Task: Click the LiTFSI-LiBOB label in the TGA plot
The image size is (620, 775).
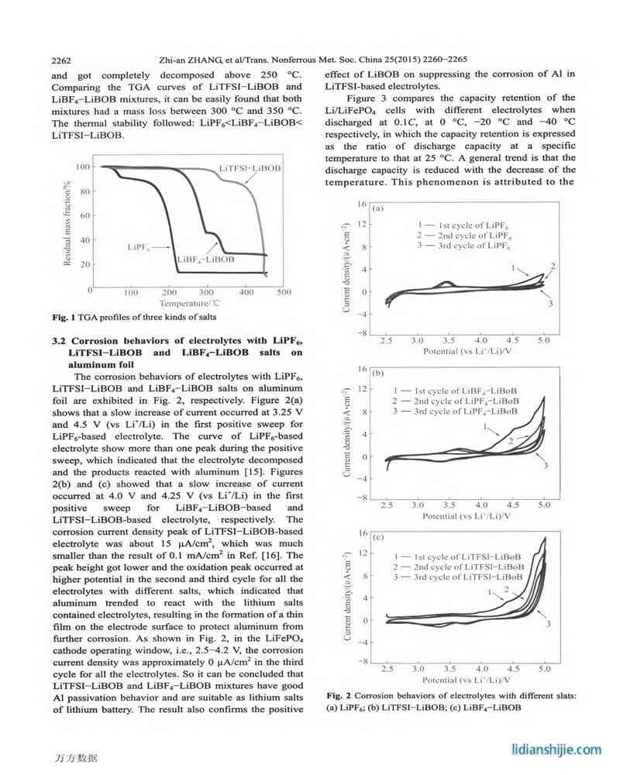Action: point(250,168)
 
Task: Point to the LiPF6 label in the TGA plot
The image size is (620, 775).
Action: point(139,248)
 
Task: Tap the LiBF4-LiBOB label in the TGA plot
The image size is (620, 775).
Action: point(205,260)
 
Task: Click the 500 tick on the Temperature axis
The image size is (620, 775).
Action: point(284,292)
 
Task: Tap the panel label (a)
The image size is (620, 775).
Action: point(378,209)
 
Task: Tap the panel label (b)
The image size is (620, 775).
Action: point(378,373)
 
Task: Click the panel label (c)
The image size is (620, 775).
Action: point(378,536)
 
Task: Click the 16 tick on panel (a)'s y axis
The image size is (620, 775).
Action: point(361,204)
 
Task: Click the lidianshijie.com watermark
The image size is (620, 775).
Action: point(557,749)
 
